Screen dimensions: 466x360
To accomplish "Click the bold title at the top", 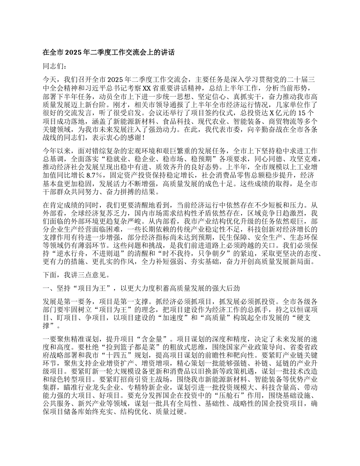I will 108,53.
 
